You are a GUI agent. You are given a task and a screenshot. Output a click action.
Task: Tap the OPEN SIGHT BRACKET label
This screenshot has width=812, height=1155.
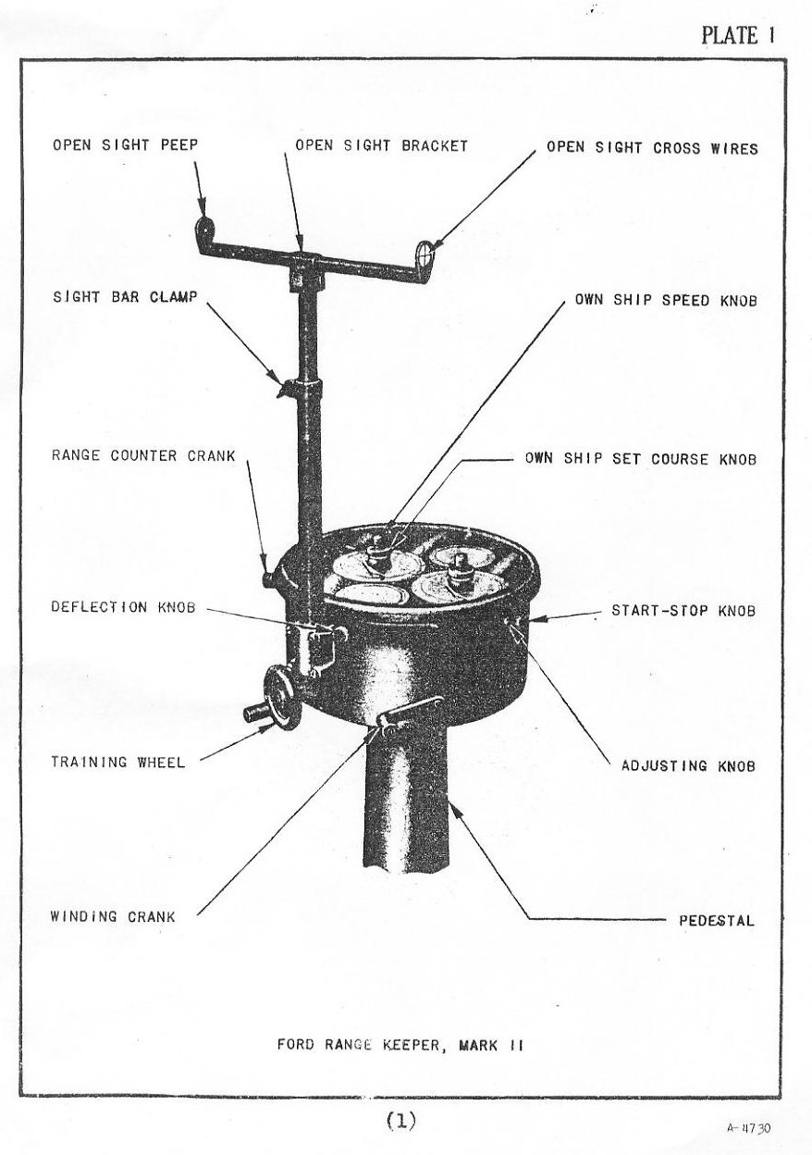pyautogui.click(x=381, y=145)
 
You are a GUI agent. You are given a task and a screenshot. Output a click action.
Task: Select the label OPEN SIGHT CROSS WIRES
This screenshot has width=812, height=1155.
pyautogui.click(x=652, y=147)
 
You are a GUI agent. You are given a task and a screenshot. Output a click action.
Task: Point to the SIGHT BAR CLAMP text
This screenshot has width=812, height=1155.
pyautogui.click(x=124, y=297)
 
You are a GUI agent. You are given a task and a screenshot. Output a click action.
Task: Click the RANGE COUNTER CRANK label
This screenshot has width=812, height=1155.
pyautogui.click(x=143, y=455)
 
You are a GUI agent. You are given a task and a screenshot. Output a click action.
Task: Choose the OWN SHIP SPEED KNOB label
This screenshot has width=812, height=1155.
pyautogui.click(x=666, y=300)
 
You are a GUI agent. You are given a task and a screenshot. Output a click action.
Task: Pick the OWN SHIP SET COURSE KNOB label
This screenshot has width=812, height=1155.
pyautogui.click(x=641, y=458)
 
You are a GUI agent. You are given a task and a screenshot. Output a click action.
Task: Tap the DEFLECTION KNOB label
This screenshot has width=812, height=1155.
pyautogui.click(x=123, y=608)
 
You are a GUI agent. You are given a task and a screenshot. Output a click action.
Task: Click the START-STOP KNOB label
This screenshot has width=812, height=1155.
pyautogui.click(x=683, y=611)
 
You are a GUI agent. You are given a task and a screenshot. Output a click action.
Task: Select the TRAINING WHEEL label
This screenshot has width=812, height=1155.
pyautogui.click(x=117, y=763)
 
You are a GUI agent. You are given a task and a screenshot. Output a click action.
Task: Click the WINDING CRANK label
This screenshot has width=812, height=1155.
pyautogui.click(x=112, y=917)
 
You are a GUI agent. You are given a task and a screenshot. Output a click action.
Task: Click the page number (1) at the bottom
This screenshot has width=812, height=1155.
pyautogui.click(x=401, y=1121)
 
